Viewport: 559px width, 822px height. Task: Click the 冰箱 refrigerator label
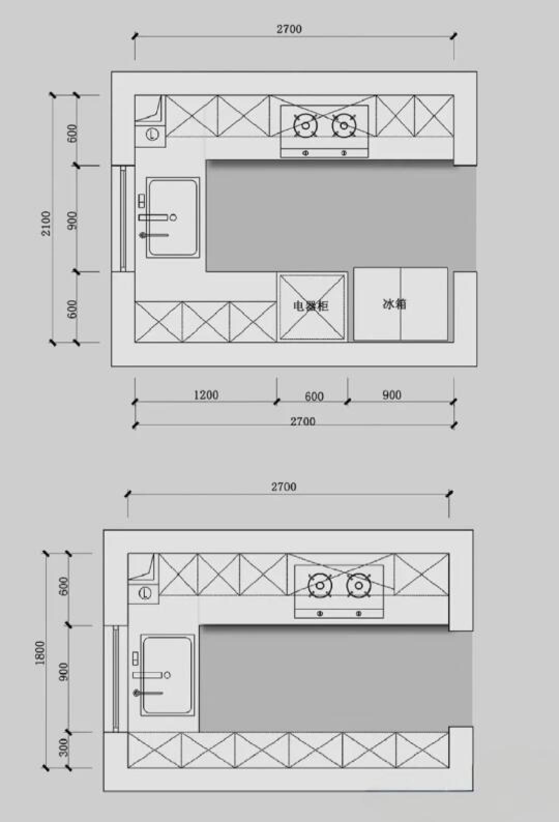pyautogui.click(x=394, y=304)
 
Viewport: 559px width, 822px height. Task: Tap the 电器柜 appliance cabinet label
pyautogui.click(x=311, y=306)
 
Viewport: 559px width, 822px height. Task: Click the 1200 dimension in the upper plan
pyautogui.click(x=206, y=395)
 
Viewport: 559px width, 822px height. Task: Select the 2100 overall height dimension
pyautogui.click(x=46, y=223)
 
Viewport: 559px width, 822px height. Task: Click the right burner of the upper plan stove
pyautogui.click(x=344, y=125)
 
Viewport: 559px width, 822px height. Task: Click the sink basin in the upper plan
pyautogui.click(x=173, y=217)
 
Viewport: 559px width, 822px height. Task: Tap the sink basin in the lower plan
pyautogui.click(x=167, y=675)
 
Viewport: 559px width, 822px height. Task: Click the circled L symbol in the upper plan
pyautogui.click(x=152, y=134)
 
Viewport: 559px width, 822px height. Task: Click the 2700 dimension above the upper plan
pyautogui.click(x=289, y=29)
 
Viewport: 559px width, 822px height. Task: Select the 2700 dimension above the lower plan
pyautogui.click(x=284, y=487)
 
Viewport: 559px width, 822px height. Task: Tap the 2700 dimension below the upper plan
pyautogui.click(x=303, y=421)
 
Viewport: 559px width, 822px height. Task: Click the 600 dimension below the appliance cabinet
pyautogui.click(x=314, y=397)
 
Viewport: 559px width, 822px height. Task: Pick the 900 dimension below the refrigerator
pyautogui.click(x=392, y=395)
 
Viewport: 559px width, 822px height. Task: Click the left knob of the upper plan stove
pyautogui.click(x=305, y=153)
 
